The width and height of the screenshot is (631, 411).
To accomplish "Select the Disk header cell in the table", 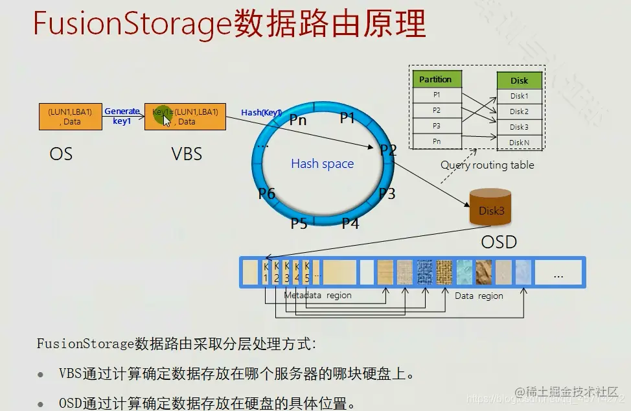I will coord(519,80).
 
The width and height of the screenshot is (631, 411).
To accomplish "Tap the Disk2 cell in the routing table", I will coord(519,112).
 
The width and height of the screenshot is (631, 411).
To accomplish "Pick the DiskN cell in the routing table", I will coord(519,143).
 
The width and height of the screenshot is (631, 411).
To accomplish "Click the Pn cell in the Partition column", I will coord(437,141).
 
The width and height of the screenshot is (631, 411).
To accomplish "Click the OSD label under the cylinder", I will coord(499,242).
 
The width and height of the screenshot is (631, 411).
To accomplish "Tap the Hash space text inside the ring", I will coord(322,164).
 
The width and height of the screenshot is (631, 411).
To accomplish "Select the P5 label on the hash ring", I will coord(299,224).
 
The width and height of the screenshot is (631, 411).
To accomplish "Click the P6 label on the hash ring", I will coord(267,193).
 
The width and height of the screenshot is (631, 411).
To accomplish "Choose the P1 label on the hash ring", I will coord(348,117).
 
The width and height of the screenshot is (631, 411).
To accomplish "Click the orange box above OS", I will coord(70,117).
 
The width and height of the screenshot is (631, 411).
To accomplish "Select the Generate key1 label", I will coord(122,116).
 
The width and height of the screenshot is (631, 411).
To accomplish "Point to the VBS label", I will coord(187,154).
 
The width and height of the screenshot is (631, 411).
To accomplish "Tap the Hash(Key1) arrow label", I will coord(260,112).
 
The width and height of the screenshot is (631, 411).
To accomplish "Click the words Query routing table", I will coord(487,165).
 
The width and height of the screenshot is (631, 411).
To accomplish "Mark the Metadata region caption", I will coord(317,296).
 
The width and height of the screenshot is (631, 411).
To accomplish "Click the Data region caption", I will coord(479,296).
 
